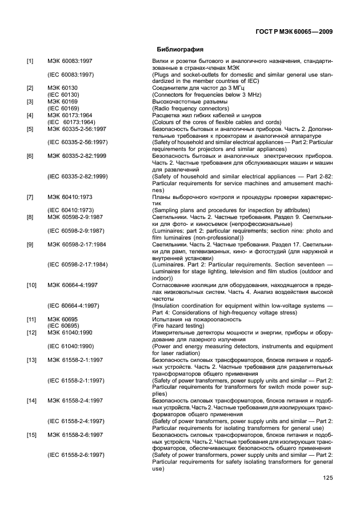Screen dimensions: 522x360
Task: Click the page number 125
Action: point(327,478)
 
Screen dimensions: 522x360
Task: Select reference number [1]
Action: point(30,60)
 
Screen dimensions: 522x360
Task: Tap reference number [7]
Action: point(30,197)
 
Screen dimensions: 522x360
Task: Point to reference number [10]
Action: point(31,284)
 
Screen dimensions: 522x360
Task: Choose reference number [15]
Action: point(31,435)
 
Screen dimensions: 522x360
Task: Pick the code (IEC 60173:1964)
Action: point(70,122)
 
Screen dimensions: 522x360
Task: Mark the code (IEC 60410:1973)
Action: point(70,210)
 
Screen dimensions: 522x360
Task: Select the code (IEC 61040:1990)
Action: point(70,346)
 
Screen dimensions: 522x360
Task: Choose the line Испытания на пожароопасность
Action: point(197,319)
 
